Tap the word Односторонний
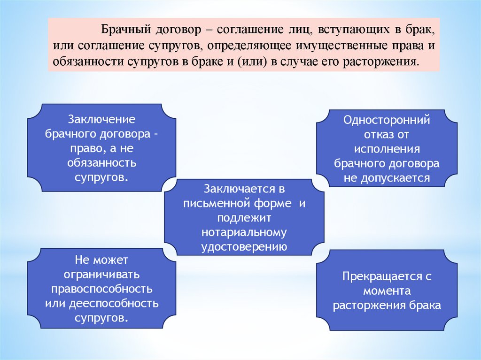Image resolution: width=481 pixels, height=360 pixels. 387,120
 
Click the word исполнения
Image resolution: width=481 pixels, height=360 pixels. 387,149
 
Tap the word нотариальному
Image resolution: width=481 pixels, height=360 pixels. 244,232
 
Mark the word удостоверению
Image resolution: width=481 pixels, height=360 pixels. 244,247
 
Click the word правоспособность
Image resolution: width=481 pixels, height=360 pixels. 101,288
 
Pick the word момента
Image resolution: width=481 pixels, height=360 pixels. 387,291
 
